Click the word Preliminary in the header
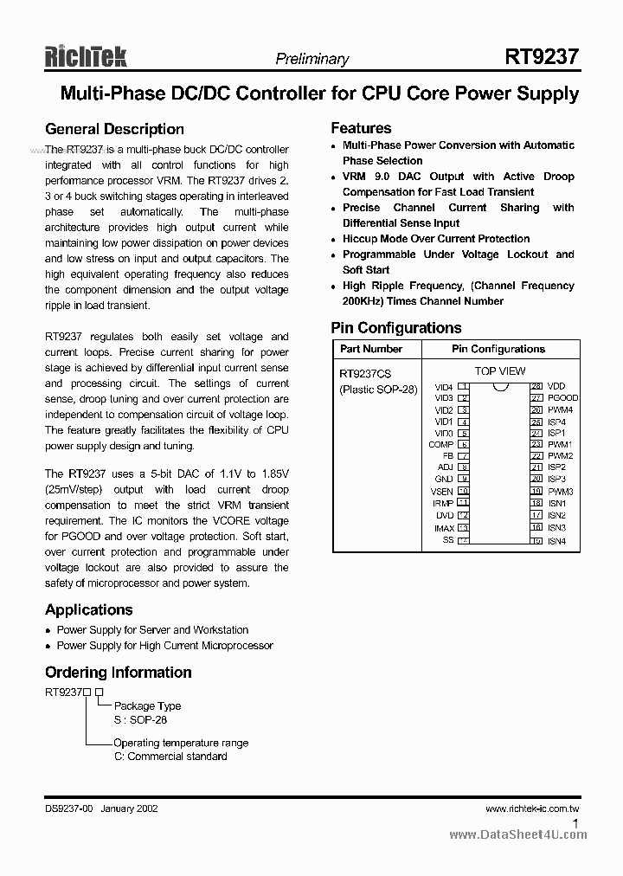click(x=311, y=59)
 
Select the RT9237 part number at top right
click(x=542, y=57)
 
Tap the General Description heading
click(x=114, y=129)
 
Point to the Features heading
click(x=361, y=128)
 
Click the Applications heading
click(x=88, y=609)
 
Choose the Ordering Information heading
click(x=118, y=673)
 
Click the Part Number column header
click(x=370, y=349)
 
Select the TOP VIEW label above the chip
click(x=499, y=371)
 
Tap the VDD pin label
click(x=556, y=386)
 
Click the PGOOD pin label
click(x=562, y=398)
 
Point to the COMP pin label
click(x=440, y=445)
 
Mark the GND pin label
click(x=444, y=480)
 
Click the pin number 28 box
click(x=536, y=386)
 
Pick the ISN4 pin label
click(x=556, y=541)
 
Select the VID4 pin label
click(x=443, y=387)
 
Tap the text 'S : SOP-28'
click(x=142, y=719)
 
